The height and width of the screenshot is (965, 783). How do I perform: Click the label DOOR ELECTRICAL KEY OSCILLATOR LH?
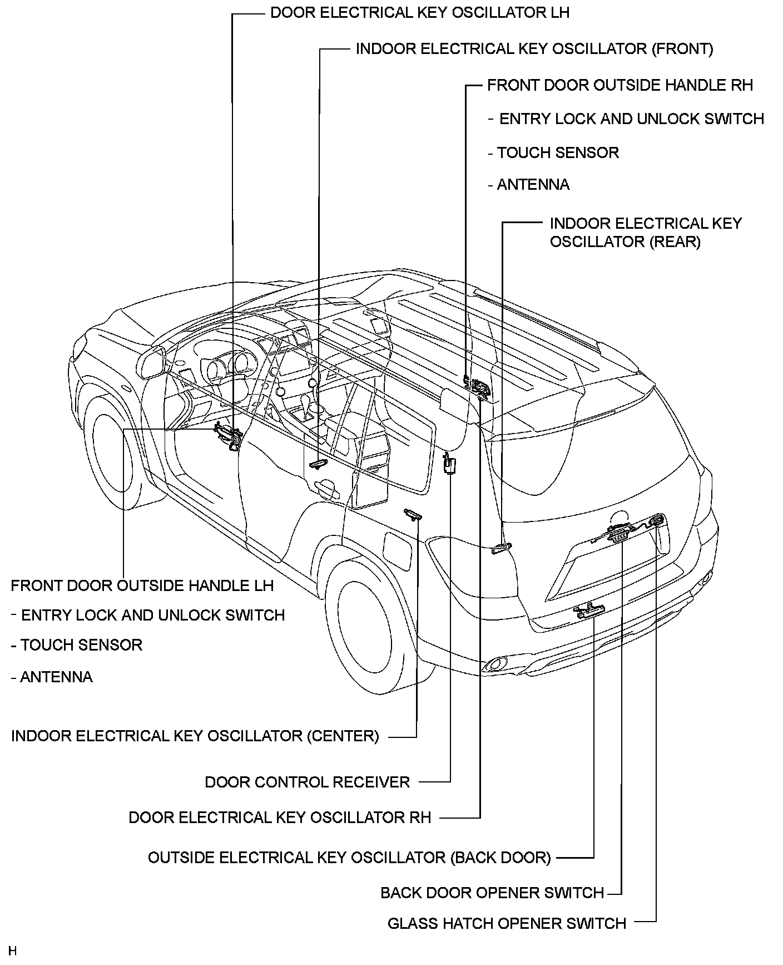[419, 13]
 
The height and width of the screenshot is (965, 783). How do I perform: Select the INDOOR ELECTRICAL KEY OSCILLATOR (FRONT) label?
[534, 49]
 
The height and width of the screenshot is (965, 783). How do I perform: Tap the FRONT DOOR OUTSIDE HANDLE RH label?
[620, 85]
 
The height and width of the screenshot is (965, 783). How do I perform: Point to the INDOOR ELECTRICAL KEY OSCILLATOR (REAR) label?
[645, 233]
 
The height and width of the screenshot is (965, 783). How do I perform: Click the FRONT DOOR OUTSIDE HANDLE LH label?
[142, 585]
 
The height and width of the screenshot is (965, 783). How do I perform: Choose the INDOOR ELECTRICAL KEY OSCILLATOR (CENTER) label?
[195, 736]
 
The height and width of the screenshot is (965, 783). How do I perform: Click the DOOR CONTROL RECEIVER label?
[307, 782]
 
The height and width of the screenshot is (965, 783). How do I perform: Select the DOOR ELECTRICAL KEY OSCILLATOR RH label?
[280, 817]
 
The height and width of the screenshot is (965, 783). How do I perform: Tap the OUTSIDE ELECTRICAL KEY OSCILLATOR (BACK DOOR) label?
[349, 858]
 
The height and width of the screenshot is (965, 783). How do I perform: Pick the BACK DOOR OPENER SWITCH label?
[492, 893]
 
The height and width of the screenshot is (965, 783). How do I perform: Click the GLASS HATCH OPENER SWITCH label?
[507, 924]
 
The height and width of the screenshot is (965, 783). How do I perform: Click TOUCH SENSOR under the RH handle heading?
[557, 153]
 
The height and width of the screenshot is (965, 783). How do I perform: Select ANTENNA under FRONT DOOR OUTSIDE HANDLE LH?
[56, 677]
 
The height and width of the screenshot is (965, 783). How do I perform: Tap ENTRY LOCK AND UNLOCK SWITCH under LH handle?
[152, 616]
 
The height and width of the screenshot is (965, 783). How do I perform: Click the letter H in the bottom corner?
[13, 951]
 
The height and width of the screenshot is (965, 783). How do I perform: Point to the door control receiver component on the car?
[449, 464]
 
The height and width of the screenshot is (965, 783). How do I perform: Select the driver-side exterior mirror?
[154, 362]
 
